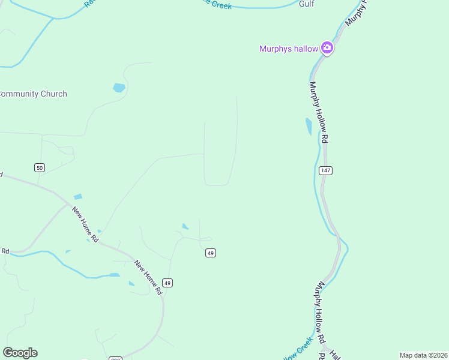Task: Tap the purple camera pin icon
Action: (327, 47)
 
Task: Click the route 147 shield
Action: (325, 170)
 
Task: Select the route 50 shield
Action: (40, 167)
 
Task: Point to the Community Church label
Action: (33, 94)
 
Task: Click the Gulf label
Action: (307, 4)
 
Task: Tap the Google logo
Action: (20, 353)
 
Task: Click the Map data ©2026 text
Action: (423, 355)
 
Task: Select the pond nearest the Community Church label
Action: (119, 88)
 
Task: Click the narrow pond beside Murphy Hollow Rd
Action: (309, 126)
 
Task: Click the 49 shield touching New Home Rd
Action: (167, 283)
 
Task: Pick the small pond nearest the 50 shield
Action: (78, 197)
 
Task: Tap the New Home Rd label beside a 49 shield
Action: (148, 277)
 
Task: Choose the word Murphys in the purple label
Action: (275, 49)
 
